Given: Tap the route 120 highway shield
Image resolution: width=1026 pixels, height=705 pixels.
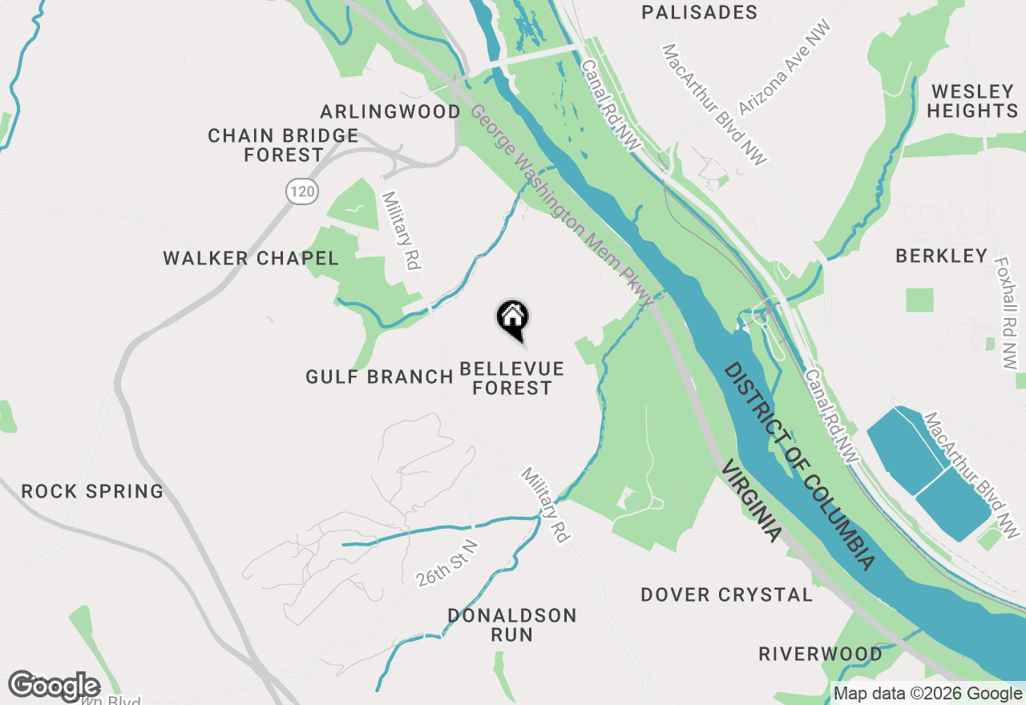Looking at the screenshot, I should pos(301,191).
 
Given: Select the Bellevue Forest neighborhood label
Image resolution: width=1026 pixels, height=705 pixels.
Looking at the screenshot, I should pos(511,378).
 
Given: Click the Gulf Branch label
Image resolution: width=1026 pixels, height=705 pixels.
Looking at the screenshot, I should pos(380,377).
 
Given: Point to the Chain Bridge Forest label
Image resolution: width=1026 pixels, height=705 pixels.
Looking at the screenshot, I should pos(283,145).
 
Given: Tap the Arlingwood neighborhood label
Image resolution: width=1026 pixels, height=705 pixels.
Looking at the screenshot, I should pos(390,111).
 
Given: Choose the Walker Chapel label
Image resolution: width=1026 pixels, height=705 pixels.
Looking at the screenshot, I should pos(251,258).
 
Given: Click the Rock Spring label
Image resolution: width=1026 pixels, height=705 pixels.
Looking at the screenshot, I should pos(92,491).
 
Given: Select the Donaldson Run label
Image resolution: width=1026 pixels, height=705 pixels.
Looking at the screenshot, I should pos(511,625).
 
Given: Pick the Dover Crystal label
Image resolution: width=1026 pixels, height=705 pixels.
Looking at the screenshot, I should pos(726,594).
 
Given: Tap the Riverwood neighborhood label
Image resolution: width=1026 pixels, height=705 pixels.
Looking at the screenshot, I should pos(820,654).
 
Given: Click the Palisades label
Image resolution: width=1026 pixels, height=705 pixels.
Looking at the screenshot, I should pos(700,12).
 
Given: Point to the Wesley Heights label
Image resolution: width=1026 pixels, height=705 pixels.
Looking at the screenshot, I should pos(973,101).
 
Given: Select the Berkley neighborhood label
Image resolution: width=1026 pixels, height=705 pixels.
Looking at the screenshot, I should pos(941,256).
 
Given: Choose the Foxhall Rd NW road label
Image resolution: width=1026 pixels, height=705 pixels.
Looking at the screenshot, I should pos(1004,312).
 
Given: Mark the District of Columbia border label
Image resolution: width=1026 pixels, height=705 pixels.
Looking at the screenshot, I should pos(798,465).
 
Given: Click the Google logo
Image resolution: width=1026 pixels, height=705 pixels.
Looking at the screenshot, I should pos(54,686).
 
